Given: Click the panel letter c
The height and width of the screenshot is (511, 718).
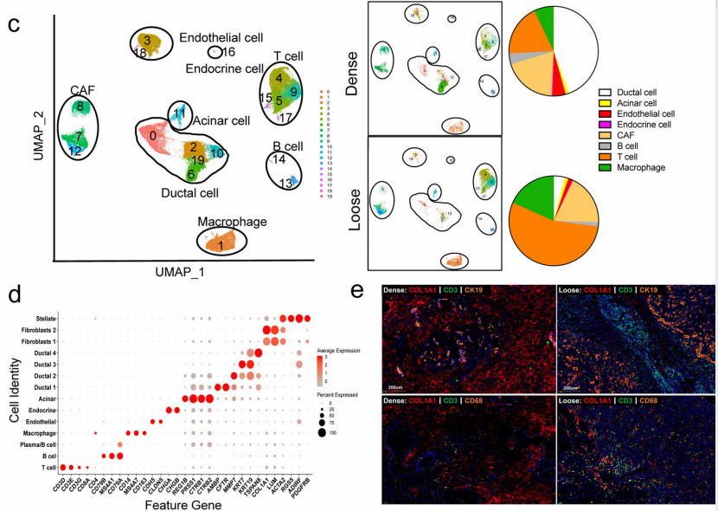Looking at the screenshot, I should [15, 23].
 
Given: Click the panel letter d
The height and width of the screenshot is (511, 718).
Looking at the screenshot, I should [14, 295].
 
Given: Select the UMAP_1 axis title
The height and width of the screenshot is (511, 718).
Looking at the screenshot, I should [181, 271].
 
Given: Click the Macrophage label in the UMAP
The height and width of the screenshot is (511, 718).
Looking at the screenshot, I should [232, 223].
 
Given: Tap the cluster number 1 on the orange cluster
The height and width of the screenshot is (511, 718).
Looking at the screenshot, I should [222, 245].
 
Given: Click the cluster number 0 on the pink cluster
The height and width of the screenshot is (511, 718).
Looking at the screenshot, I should [152, 136].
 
